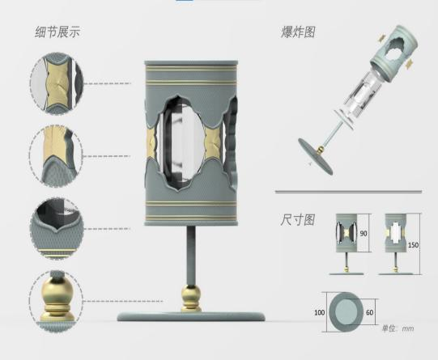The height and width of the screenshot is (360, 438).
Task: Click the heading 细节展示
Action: tap(57, 32)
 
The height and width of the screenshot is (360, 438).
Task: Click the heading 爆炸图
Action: tap(298, 32)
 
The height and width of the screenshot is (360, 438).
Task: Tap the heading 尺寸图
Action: tap(298, 220)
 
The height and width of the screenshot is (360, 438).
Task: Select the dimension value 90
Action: tap(364, 233)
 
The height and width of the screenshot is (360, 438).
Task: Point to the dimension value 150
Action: tap(414, 245)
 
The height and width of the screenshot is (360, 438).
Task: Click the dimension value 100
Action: tap(320, 312)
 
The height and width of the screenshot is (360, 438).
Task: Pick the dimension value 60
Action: tap(369, 312)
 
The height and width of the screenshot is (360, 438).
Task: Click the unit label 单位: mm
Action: tap(398, 328)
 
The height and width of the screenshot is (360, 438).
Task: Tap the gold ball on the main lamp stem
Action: tap(191, 294)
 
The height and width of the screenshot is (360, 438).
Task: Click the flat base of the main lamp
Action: tap(191, 317)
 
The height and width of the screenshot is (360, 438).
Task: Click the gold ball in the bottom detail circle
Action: tap(57, 290)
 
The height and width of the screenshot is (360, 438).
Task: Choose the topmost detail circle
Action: tap(57, 83)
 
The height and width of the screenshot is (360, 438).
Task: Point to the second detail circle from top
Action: tap(56, 156)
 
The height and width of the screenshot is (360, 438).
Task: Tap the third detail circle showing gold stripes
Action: tap(57, 229)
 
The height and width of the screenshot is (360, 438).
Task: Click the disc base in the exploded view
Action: tap(316, 155)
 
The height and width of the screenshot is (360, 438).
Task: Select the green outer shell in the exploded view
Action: tap(394, 53)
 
